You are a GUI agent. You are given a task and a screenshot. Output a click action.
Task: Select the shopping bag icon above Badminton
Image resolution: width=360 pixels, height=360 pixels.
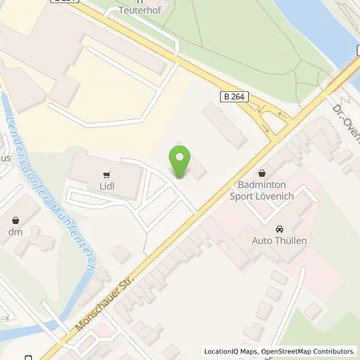[263, 171]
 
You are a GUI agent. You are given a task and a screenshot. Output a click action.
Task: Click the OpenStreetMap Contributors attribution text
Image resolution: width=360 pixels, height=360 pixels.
[311, 351]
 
